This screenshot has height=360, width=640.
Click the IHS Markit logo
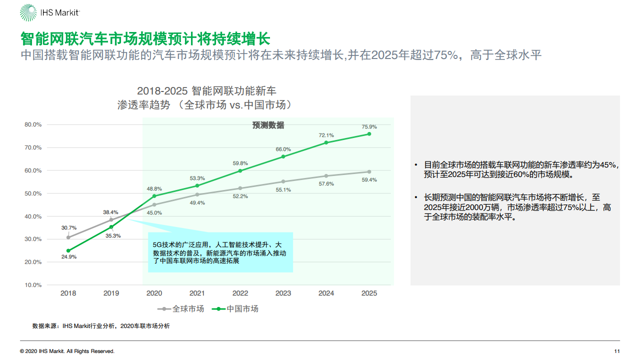tap(49, 13)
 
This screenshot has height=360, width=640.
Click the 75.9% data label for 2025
tap(369, 126)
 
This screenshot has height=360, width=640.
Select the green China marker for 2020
tap(154, 196)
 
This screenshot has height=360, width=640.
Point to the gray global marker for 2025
tap(369, 171)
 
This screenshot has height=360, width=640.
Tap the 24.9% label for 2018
tap(68, 257)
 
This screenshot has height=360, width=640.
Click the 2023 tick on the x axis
tap(283, 293)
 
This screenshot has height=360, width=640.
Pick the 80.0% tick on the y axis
tap(33, 124)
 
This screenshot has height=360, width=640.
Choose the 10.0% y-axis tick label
tap(33, 285)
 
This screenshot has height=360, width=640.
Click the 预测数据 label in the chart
tap(268, 125)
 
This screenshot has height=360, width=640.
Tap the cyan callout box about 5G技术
tap(220, 252)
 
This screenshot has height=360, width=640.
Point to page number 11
tap(617, 351)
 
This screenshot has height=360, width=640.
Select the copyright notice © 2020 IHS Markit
tap(67, 351)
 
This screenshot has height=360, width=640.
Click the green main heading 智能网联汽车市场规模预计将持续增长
tap(145, 38)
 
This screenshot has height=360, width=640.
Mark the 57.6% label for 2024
tap(326, 184)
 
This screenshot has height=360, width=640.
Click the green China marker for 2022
tap(240, 170)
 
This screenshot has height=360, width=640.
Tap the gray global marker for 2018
tap(68, 237)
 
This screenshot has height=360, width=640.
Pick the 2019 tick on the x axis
tap(111, 293)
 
